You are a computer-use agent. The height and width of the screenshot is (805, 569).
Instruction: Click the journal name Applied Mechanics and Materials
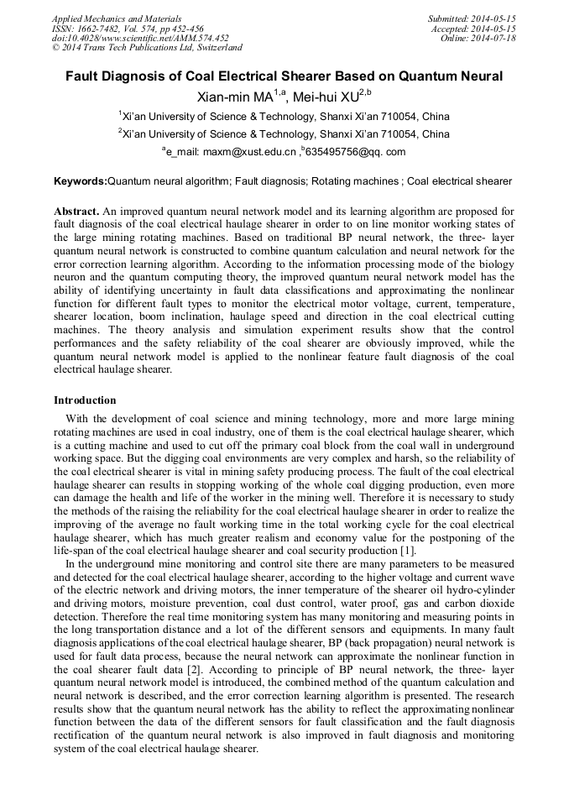[117, 18]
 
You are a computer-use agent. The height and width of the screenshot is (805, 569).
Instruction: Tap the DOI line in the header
[139, 39]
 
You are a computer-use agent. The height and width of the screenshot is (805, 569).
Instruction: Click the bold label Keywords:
[81, 181]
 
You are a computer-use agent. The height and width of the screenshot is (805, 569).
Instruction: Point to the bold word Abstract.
[77, 210]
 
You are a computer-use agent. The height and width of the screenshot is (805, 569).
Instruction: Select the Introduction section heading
[85, 400]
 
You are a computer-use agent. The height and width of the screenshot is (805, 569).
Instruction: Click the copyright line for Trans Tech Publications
[147, 49]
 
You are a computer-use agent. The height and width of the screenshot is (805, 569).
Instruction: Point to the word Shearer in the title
[306, 76]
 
